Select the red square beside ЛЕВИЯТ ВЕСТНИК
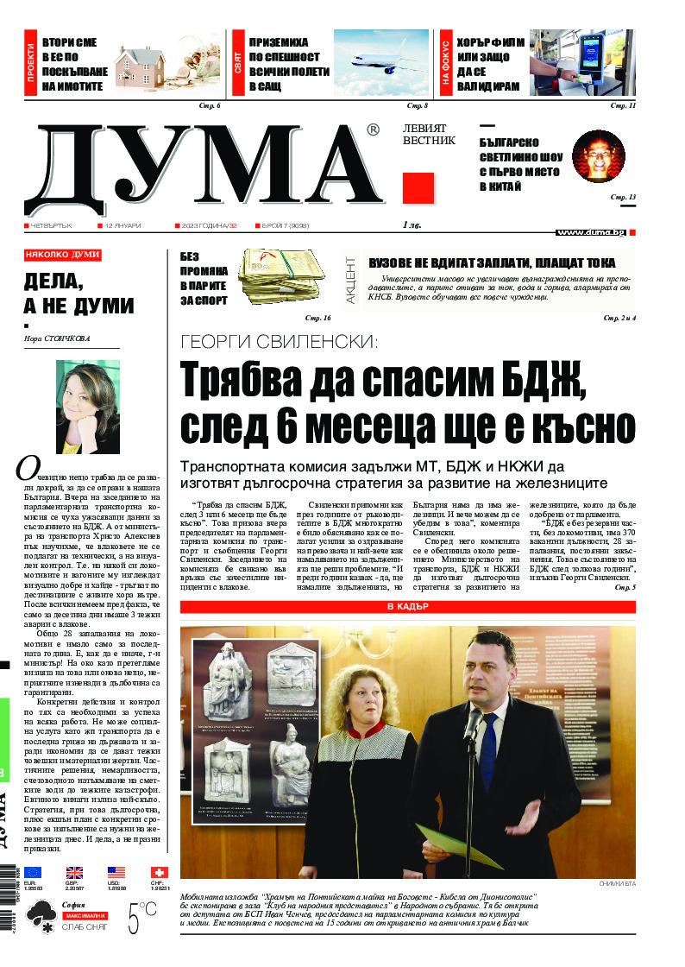coord(418,187)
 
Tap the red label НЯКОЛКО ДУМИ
coord(63,256)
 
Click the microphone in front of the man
coord(473,723)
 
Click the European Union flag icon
coord(33,872)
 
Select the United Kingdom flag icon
coord(75,872)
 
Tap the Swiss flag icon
coord(160,872)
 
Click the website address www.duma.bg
coord(590,232)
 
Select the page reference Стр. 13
coord(623,198)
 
